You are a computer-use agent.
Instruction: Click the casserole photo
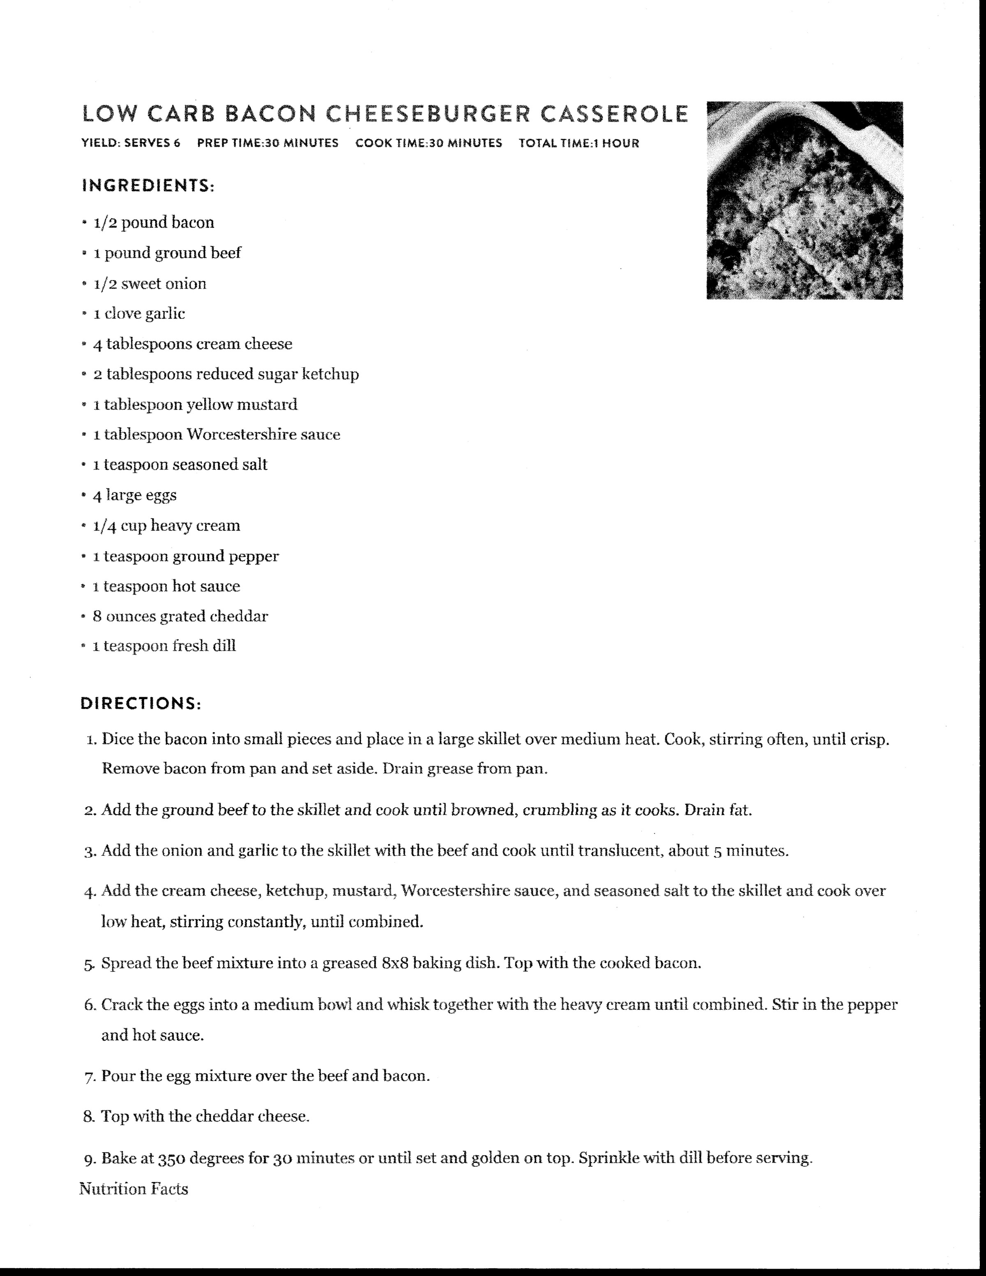804,200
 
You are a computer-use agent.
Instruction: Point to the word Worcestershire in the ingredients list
241,434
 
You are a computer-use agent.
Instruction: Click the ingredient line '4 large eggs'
134,495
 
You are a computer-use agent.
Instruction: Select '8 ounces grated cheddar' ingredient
180,616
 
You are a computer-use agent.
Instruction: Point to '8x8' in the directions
395,963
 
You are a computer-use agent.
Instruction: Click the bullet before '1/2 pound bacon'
85,223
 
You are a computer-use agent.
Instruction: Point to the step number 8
89,1117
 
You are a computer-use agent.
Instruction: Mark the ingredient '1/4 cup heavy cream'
166,525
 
